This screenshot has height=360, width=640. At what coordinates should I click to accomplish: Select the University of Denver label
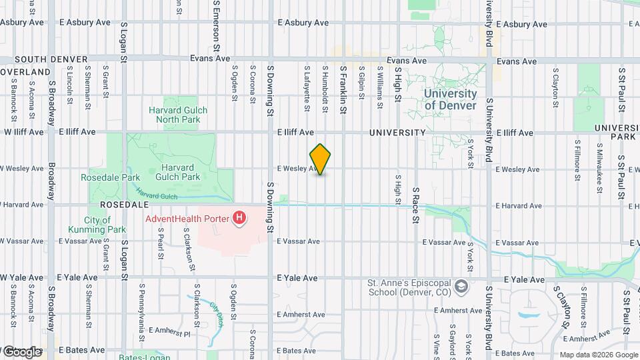click(451, 99)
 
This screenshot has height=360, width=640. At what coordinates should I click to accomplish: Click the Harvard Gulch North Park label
click(178, 115)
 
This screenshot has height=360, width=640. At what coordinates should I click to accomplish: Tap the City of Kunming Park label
click(97, 225)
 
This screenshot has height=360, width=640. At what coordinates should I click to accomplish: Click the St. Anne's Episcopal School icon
click(460, 287)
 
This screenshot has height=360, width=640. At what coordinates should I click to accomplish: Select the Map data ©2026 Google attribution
click(598, 355)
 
